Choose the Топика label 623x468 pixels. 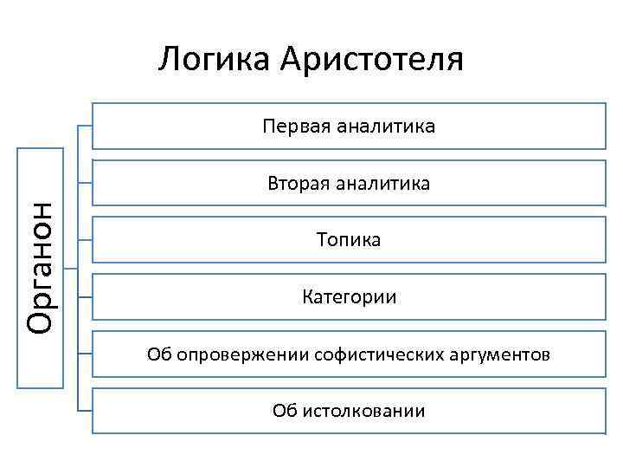[349, 239]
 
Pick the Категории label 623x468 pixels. [349, 297]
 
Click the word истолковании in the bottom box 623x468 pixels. [362, 410]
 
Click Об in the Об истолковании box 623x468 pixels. [284, 410]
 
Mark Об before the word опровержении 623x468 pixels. [159, 354]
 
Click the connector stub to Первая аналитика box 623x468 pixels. [85, 127]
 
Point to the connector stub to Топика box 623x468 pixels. [85, 239]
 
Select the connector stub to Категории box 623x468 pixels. [85, 297]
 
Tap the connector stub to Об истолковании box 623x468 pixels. [85, 409]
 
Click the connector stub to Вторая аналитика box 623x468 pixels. [85, 183]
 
